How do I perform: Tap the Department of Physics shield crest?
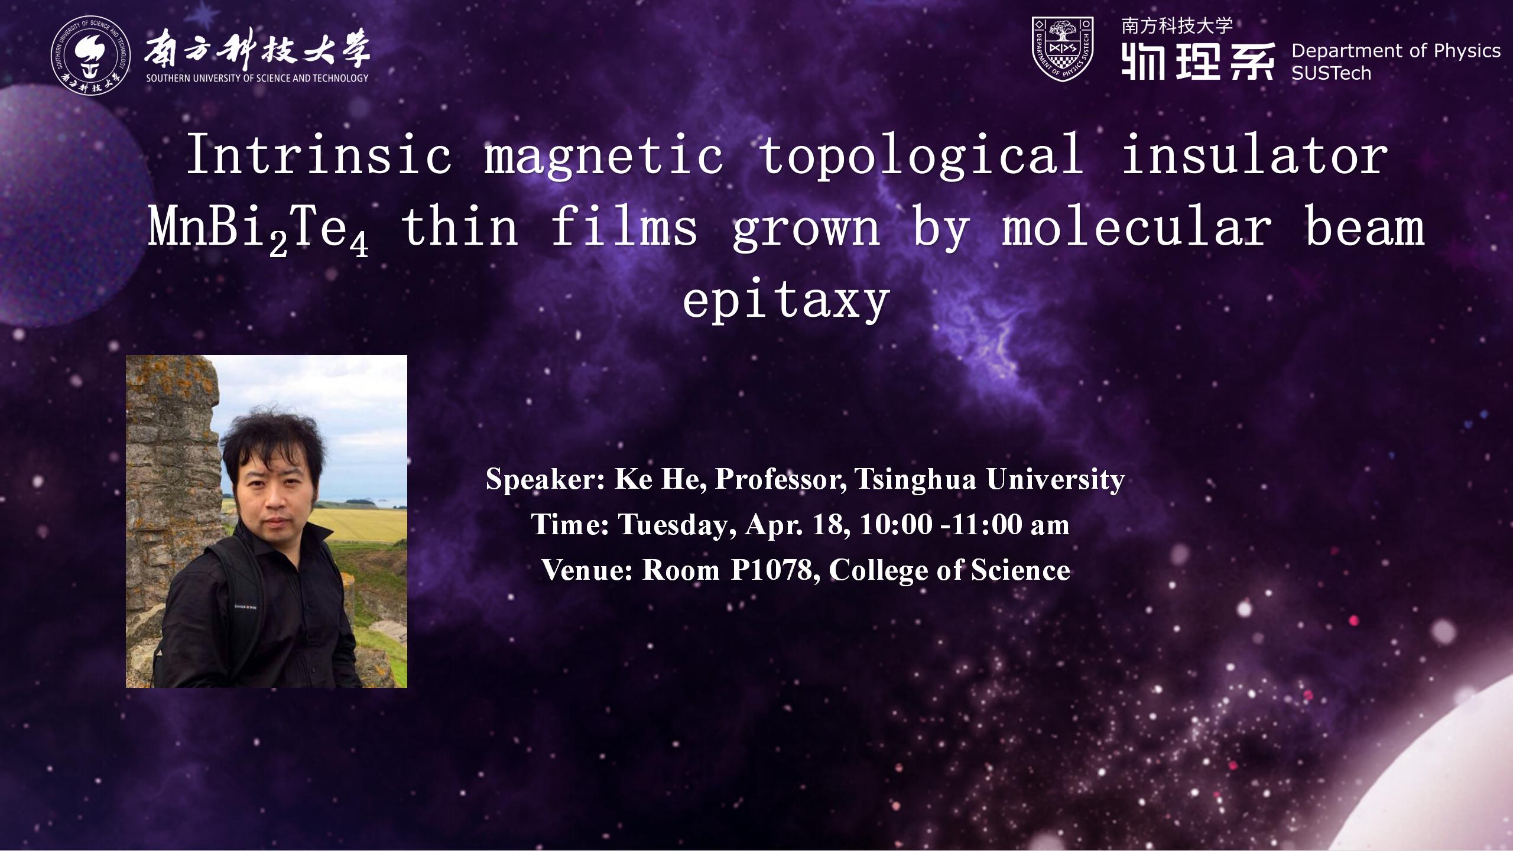(x=1063, y=48)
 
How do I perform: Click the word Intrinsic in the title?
(x=319, y=155)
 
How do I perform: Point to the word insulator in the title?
(x=1255, y=155)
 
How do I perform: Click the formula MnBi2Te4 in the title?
(x=258, y=230)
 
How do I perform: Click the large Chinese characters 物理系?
(x=1197, y=61)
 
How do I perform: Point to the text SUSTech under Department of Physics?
(x=1331, y=73)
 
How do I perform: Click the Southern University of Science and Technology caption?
(x=257, y=78)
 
